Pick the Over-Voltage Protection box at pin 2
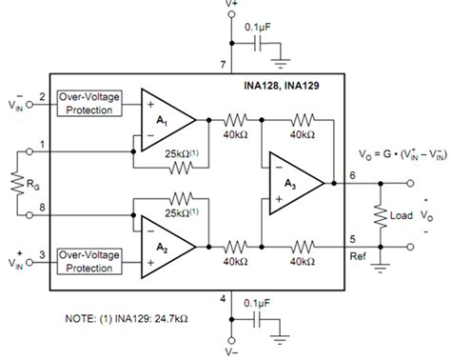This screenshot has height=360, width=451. pos(89,104)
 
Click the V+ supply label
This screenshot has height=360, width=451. pos(232,5)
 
